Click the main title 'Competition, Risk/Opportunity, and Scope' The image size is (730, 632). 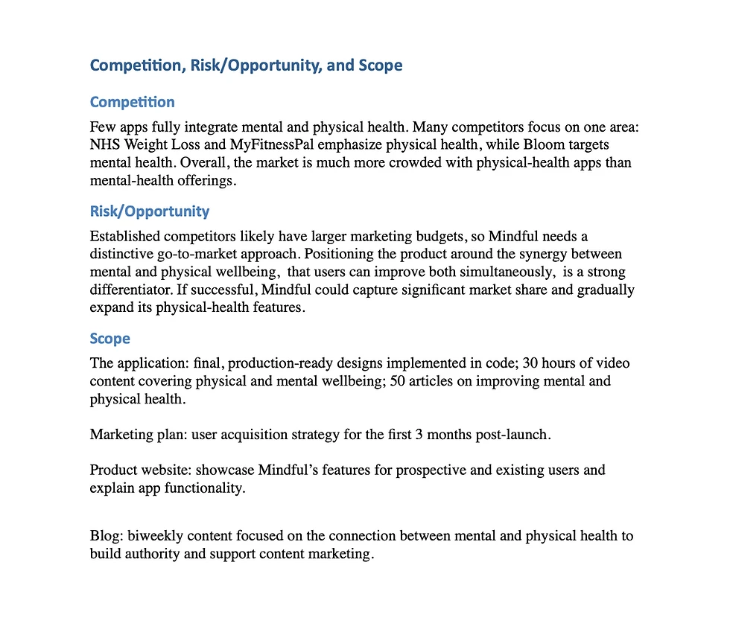click(x=246, y=66)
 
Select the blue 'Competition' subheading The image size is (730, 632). click(x=132, y=102)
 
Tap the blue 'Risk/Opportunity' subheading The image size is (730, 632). click(x=149, y=211)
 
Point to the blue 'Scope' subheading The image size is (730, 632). click(x=110, y=339)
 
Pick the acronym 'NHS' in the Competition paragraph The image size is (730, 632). click(x=103, y=144)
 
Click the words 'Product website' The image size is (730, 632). click(x=134, y=470)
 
